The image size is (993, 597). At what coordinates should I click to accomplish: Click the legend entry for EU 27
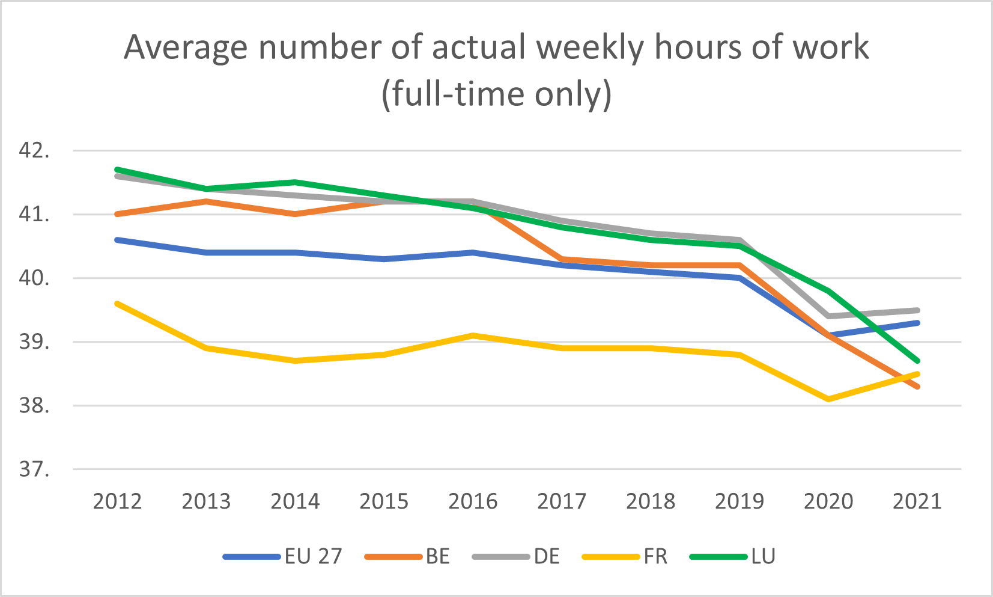283,556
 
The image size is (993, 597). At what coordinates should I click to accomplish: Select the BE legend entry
407,556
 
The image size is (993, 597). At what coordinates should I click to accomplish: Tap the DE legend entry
516,556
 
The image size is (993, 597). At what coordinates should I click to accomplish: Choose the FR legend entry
625,556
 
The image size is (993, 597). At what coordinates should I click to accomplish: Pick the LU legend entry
733,556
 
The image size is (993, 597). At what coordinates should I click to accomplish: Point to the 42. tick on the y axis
34,151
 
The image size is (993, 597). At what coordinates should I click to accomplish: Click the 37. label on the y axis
34,470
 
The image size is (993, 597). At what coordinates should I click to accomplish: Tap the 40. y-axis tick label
34,278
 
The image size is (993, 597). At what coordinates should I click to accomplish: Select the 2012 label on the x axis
117,501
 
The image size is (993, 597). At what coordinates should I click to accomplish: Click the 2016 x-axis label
473,501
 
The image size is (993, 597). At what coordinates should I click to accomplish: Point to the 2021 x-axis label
917,501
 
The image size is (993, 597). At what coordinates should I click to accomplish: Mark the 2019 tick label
739,501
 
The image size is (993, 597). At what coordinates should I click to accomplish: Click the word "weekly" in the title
590,48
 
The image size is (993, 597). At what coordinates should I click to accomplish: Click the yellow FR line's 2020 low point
828,399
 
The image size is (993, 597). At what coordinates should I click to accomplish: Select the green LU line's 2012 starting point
117,170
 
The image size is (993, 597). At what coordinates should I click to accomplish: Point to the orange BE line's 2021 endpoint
917,387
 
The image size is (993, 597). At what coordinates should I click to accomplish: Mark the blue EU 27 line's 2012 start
117,240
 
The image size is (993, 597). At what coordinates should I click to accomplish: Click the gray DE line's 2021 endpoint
917,310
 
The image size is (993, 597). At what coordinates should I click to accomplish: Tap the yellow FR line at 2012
117,304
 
